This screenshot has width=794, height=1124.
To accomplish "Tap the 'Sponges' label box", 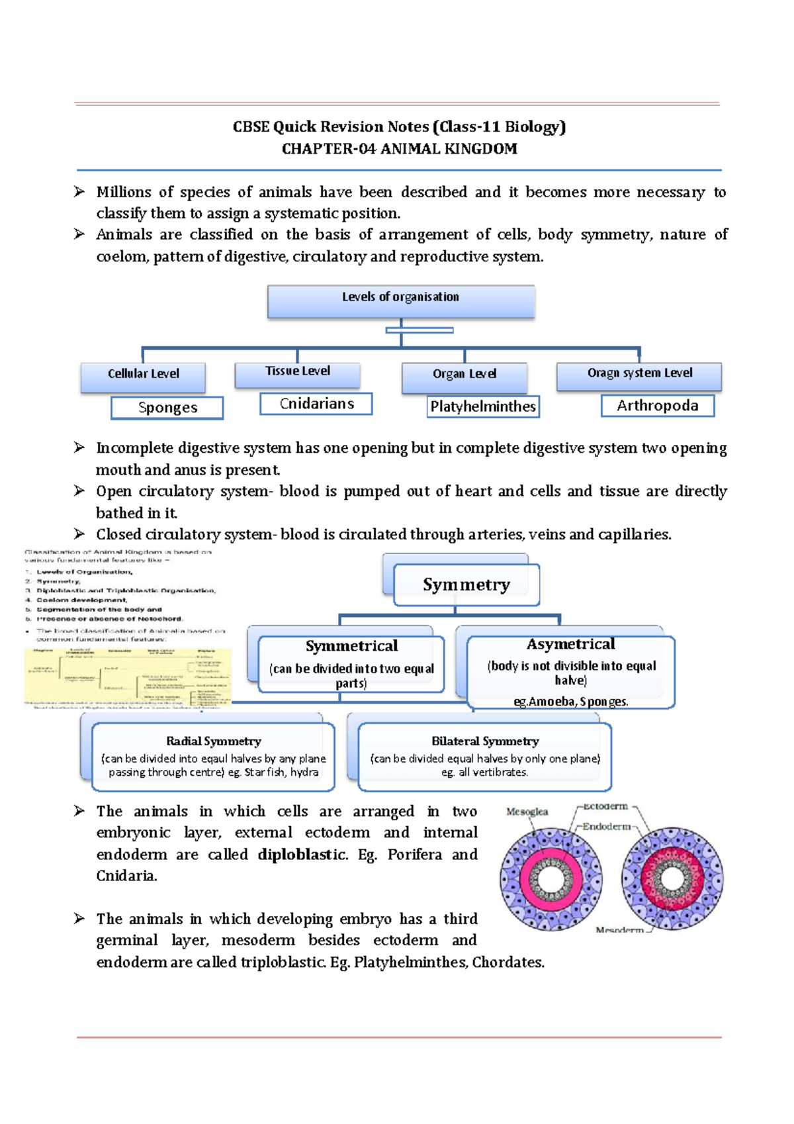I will click(x=167, y=408).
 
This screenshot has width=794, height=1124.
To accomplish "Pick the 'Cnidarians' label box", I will click(x=316, y=404).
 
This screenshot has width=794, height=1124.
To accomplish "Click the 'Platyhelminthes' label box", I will click(x=483, y=406).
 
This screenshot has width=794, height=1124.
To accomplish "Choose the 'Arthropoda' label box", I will click(x=657, y=406).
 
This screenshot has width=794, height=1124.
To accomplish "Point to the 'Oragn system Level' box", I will click(x=639, y=375).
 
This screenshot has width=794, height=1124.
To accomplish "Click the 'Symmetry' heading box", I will click(x=466, y=585).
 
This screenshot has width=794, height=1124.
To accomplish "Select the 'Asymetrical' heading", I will click(x=570, y=644).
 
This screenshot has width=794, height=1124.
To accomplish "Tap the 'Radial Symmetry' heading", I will click(x=213, y=741).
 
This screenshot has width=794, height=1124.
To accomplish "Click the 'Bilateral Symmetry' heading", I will click(x=485, y=741).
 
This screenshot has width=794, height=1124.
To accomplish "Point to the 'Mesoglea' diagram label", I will click(x=527, y=812).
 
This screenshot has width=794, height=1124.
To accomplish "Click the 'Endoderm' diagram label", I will click(x=606, y=827).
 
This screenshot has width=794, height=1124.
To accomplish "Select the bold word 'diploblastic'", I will click(x=302, y=855).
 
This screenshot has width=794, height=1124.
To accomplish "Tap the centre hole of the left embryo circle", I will click(x=551, y=880).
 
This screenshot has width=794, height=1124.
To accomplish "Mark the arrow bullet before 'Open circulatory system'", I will click(x=79, y=491).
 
